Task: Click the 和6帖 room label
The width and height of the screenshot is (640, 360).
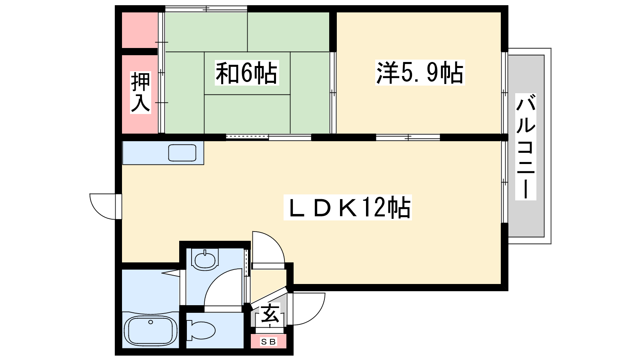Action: [x=246, y=73]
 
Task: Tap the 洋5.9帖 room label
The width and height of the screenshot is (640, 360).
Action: [x=420, y=73]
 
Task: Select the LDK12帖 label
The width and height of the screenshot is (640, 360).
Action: [x=348, y=207]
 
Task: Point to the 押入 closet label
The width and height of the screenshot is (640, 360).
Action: [x=140, y=92]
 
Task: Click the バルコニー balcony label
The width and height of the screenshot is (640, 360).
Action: [x=526, y=146]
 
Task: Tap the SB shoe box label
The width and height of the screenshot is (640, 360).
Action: [x=268, y=342]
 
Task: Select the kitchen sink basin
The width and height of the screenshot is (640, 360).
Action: [x=182, y=153]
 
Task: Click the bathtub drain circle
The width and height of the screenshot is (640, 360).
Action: [x=150, y=322]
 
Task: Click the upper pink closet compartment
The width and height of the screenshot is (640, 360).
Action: [x=140, y=30]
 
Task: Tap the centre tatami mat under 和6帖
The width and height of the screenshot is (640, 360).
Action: [x=247, y=74]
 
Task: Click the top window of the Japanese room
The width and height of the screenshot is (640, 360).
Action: [x=206, y=9]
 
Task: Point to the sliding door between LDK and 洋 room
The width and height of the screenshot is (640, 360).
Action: [x=408, y=138]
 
